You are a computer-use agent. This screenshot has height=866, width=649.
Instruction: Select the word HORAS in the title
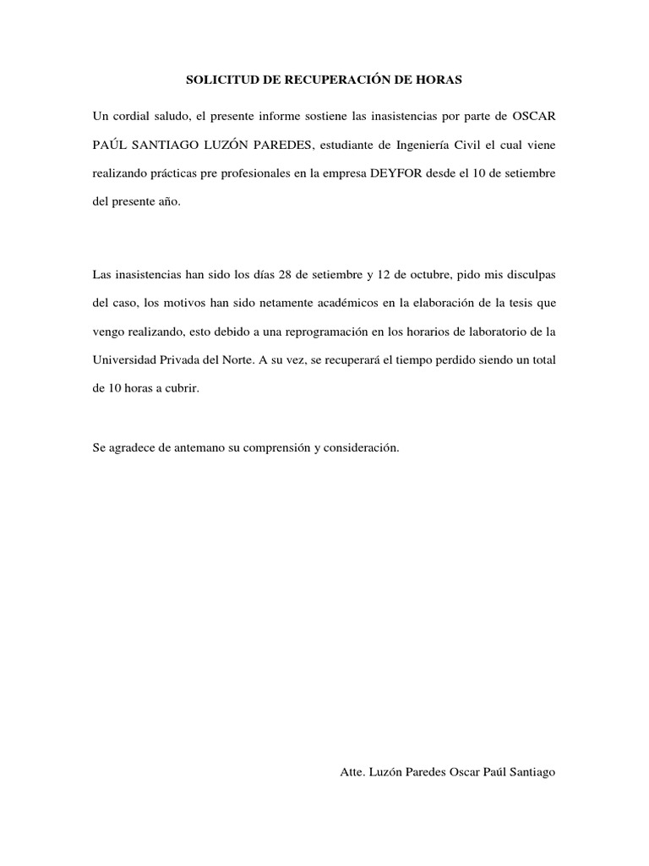pyautogui.click(x=443, y=81)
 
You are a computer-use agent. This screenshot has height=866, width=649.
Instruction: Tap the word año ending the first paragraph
pyautogui.click(x=168, y=204)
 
